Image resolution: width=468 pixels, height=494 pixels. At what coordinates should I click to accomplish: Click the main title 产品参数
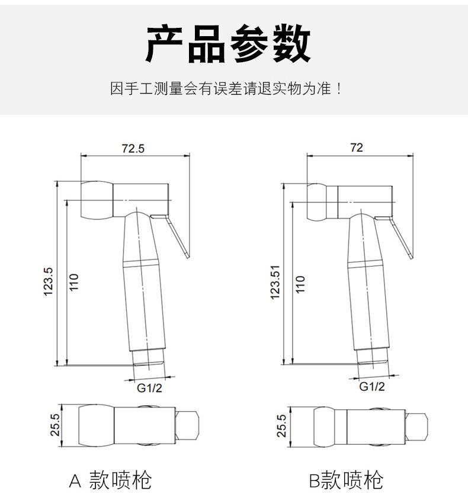pos(228,43)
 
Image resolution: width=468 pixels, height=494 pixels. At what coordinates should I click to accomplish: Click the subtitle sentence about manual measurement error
pos(226,88)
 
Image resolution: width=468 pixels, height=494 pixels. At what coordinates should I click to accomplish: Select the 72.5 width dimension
pos(133,149)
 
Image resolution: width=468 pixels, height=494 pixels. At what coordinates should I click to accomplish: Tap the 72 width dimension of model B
pos(357,147)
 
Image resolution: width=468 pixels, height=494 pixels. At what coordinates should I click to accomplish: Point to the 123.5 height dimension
pos(48,282)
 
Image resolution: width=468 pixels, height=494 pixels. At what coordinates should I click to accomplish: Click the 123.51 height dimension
pos(275,282)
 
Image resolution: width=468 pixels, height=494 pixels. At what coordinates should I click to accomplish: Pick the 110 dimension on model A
pos(73,283)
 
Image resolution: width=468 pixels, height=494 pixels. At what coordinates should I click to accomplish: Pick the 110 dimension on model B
pos(300,284)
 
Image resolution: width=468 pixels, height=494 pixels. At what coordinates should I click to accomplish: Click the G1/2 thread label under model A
pos(149,388)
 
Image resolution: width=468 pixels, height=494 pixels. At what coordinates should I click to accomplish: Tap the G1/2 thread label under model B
pos(372,386)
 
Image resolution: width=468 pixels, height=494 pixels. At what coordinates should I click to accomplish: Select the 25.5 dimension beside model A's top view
pos(55,425)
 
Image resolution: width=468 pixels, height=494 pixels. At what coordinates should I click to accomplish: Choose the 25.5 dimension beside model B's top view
pos(281,426)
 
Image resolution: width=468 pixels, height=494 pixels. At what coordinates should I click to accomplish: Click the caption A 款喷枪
pos(110,480)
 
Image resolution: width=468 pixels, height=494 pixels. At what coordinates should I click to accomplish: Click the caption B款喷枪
pos(346,480)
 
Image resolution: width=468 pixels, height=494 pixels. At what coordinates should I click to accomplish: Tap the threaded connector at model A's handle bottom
pos(148,358)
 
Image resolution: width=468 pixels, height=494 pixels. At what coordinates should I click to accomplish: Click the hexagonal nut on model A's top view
pos(187,426)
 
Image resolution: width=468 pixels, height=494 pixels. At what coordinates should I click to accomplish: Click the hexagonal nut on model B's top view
pos(416,427)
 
